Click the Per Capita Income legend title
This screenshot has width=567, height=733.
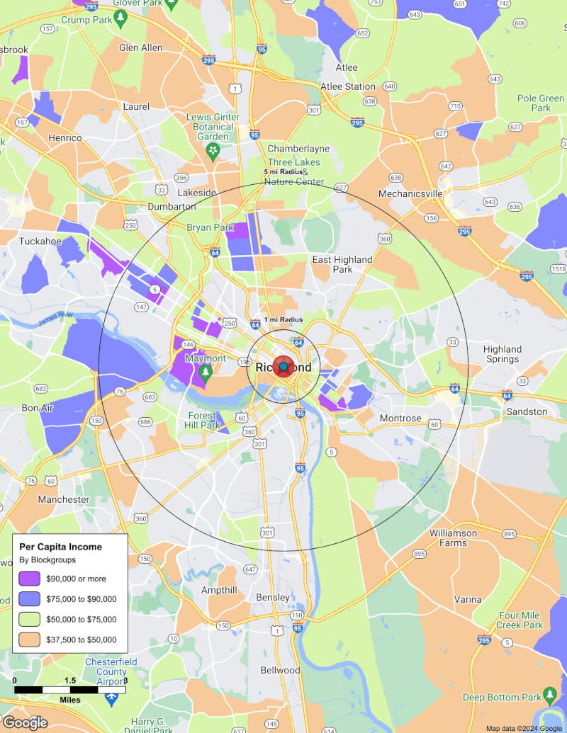60,547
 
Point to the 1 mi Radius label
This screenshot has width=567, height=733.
283,320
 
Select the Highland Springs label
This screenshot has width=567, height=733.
503,354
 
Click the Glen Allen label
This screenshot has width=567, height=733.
141,48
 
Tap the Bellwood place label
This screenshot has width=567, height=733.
281,670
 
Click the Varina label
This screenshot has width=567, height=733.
468,599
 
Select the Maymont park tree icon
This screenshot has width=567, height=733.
206,372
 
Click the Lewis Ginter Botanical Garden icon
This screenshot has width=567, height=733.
213,150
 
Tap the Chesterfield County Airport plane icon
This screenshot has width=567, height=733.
111,698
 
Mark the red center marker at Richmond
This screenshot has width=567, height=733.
283,367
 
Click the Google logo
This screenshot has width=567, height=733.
25,722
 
